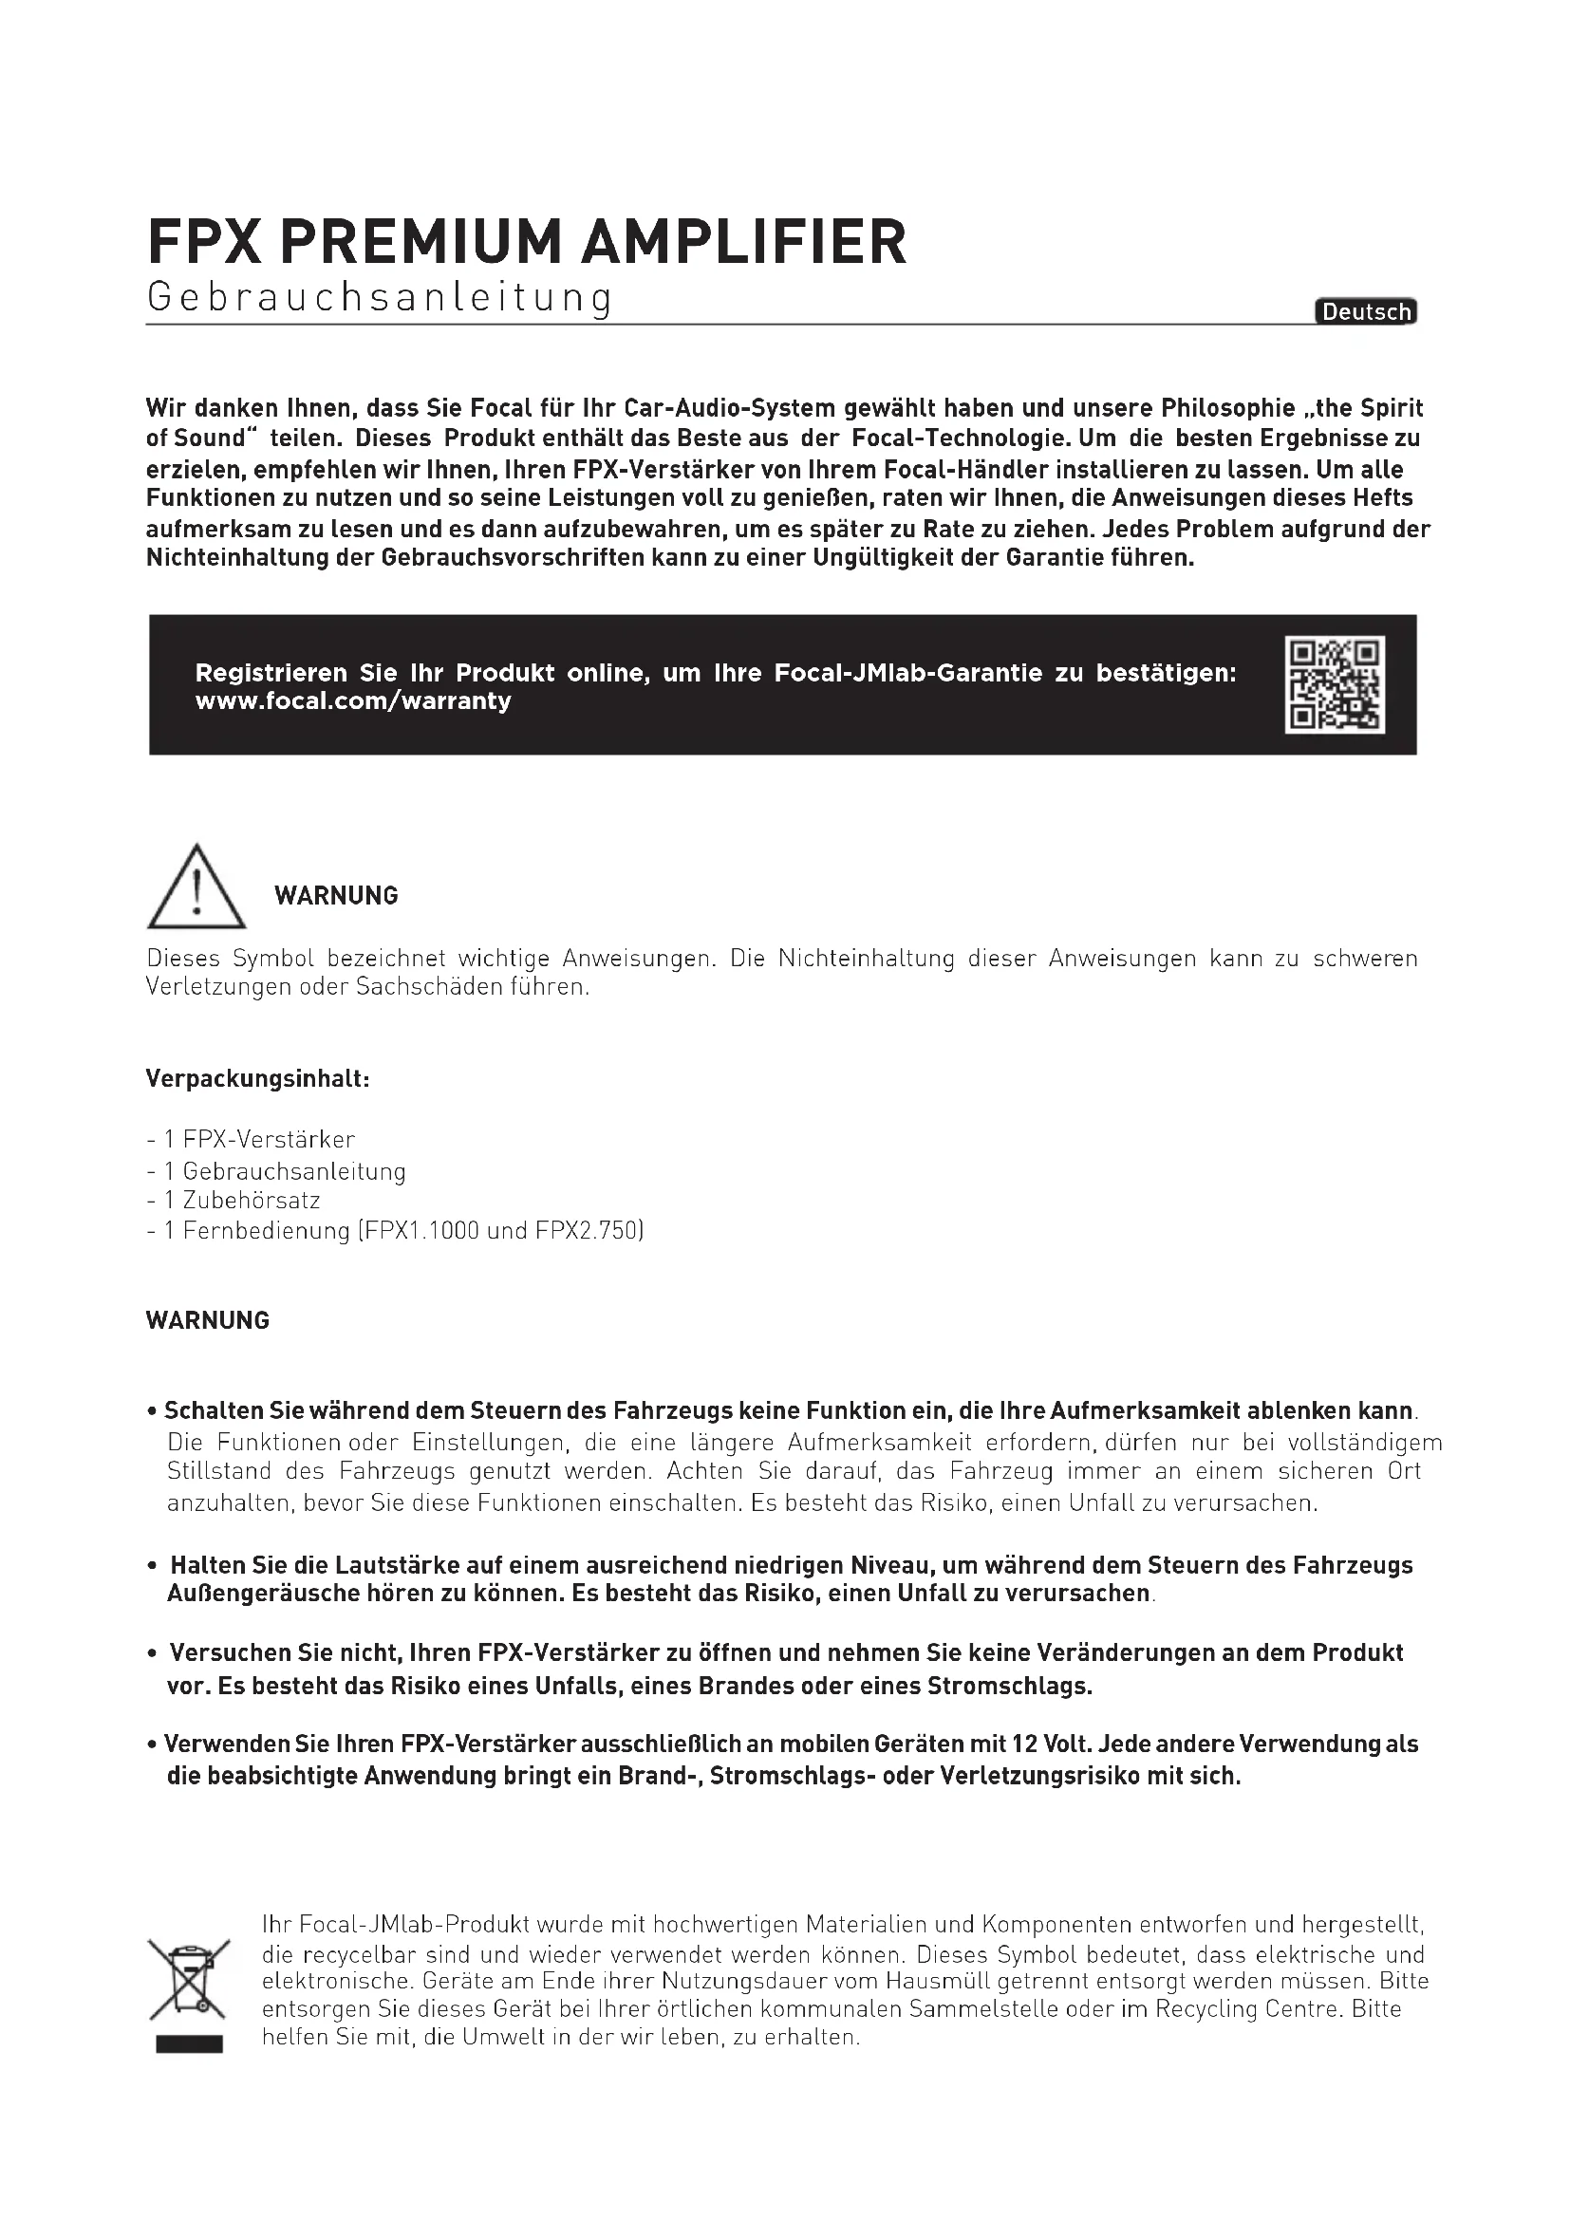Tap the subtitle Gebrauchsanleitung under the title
(x=379, y=298)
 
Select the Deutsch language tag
(x=1366, y=311)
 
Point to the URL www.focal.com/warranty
(x=353, y=701)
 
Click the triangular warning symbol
(x=196, y=887)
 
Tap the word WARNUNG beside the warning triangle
(x=335, y=895)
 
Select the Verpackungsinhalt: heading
(x=257, y=1078)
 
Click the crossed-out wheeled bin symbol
(x=189, y=1979)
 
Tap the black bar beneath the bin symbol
(x=189, y=2043)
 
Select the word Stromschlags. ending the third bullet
(x=1009, y=1687)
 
